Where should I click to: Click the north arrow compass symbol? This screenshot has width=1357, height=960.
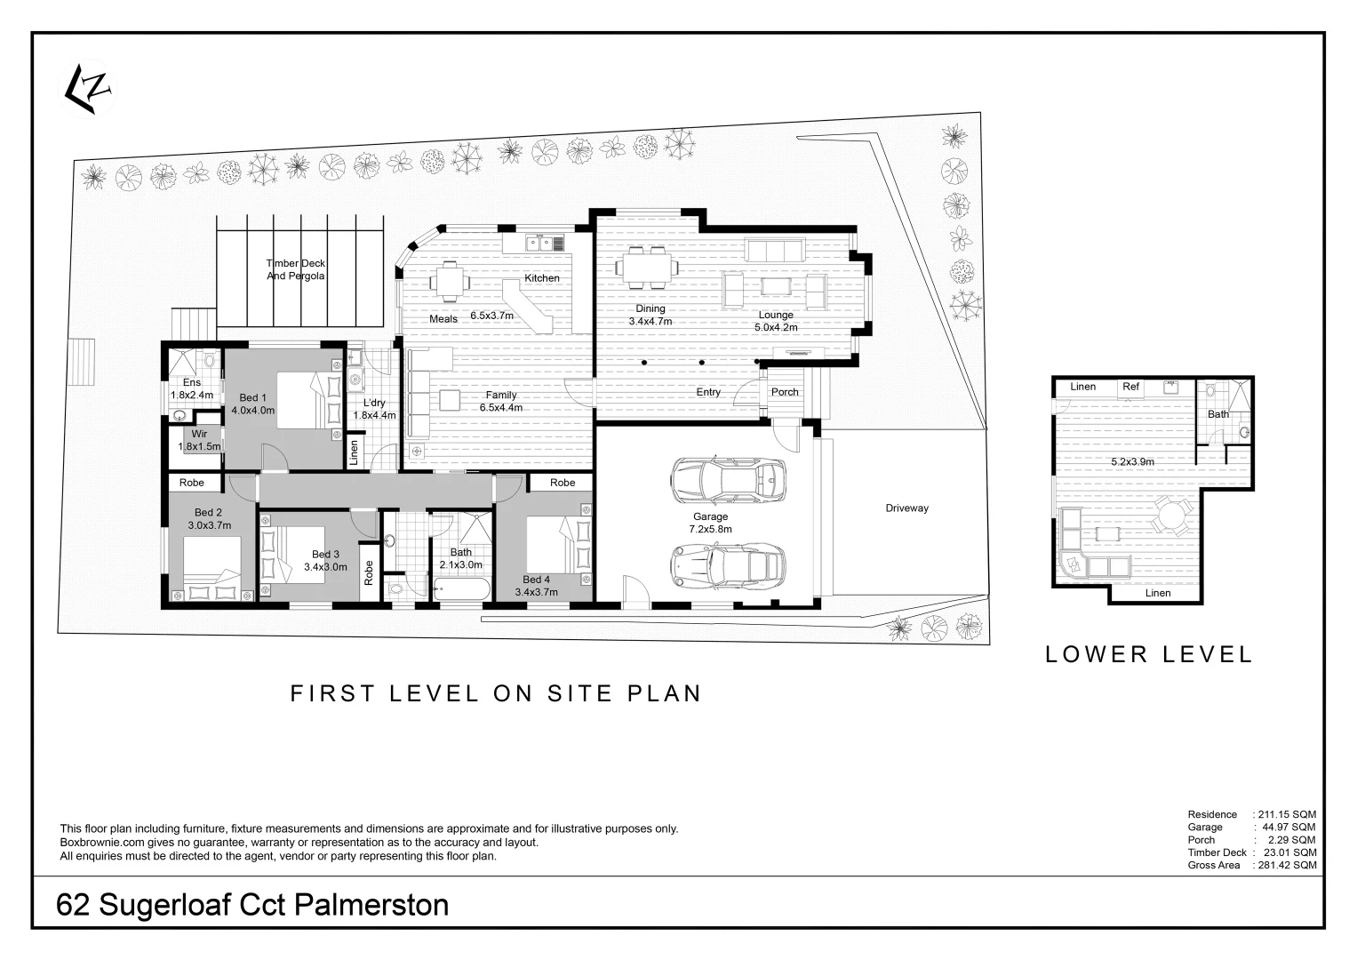(87, 88)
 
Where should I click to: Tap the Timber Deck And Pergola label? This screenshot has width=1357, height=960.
(296, 269)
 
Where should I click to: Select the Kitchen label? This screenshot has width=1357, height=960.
(541, 278)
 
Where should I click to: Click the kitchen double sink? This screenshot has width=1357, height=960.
(539, 242)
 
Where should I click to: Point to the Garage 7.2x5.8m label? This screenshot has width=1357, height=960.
(710, 523)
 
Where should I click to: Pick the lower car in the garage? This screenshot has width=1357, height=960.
(728, 564)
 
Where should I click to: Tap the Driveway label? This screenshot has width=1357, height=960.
(906, 508)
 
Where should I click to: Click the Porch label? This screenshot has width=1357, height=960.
(784, 392)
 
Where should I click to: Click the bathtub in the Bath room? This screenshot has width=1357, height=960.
(461, 589)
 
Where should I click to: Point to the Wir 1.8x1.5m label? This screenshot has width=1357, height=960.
(199, 441)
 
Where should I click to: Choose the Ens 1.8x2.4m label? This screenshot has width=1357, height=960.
(192, 388)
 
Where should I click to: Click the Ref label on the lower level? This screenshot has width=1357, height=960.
(1130, 387)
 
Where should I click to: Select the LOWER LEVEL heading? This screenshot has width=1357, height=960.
(1148, 655)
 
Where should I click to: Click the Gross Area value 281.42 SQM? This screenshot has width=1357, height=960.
(1286, 865)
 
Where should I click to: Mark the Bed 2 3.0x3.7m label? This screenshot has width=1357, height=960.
(209, 518)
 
